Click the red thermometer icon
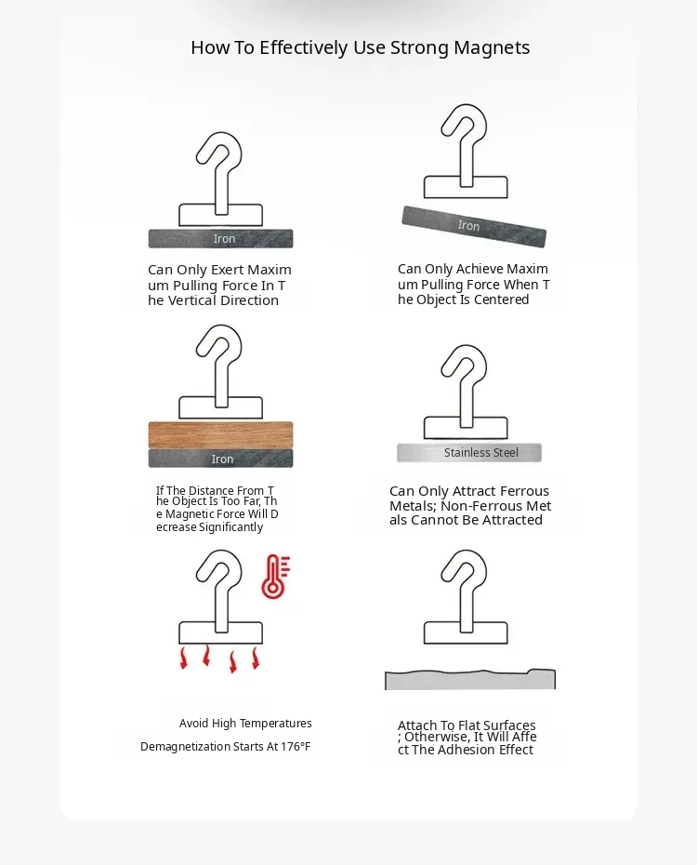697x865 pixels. point(275,577)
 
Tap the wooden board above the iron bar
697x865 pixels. point(220,434)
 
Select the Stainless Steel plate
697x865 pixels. point(469,452)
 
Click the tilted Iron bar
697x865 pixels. point(474,226)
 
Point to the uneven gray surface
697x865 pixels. point(470,680)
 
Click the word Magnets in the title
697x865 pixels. point(492,48)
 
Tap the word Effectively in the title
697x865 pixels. point(304,48)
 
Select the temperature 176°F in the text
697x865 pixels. point(296,746)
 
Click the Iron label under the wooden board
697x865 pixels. point(223,459)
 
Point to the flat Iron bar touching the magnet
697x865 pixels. point(220,238)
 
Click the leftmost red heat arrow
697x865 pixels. point(184,659)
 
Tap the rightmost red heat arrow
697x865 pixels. point(256,659)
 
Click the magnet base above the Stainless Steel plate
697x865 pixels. point(466,428)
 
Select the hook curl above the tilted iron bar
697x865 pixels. point(465,124)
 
